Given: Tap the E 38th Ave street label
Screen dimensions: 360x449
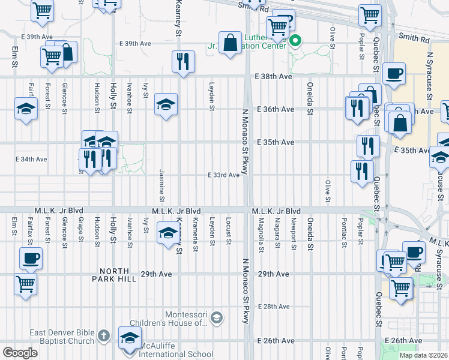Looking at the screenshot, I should point(273,77).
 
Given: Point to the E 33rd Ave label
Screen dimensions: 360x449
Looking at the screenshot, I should point(224,175).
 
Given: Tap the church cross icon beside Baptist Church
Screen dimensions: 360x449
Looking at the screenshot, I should point(103,336).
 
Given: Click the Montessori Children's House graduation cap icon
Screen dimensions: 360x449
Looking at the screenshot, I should point(217,316).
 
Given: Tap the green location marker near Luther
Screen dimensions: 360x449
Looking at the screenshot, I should point(295,41).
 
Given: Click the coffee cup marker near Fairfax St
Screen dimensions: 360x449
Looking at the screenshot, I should point(30,259).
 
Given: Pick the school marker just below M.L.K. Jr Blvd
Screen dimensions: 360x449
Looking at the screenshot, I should point(166,233).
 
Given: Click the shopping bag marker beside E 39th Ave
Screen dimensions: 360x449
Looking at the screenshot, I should point(230,43).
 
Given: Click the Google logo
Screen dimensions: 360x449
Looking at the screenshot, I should point(20,353).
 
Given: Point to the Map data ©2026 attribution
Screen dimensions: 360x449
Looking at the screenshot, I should point(423,355).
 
